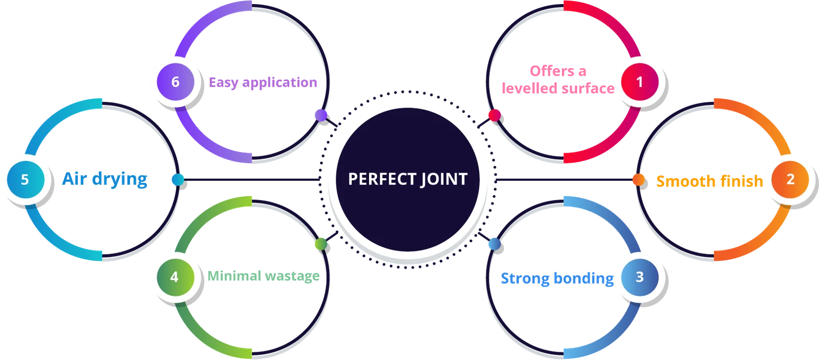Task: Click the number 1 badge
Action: tap(639, 81)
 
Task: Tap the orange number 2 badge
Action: tap(790, 179)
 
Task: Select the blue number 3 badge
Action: tap(639, 277)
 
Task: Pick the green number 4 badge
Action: tap(175, 277)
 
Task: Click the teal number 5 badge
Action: tap(25, 180)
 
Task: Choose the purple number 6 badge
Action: tap(175, 82)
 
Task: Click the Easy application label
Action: tap(263, 82)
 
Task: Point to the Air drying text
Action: tap(104, 179)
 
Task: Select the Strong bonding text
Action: tap(556, 279)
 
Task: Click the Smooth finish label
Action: tap(709, 180)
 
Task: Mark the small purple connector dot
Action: tap(319, 114)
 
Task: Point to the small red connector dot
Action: tap(493, 115)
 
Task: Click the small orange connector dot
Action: tap(638, 180)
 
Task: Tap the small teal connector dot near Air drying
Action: tap(177, 179)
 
